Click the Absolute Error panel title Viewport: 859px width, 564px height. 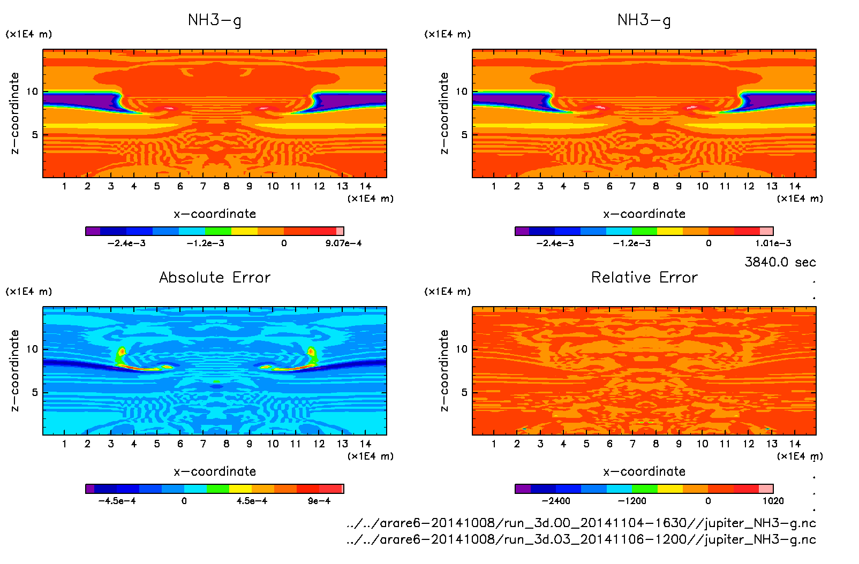[215, 277]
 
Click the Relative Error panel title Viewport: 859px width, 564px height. [644, 277]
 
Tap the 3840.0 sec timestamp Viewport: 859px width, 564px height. [780, 262]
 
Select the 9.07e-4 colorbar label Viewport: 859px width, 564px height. [343, 243]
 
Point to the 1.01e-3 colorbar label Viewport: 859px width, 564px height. [773, 243]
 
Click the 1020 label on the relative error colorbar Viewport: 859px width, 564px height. [773, 501]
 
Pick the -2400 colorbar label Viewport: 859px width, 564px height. [556, 501]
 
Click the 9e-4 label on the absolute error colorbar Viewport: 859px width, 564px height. [319, 501]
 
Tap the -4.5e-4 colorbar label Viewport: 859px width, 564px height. [117, 501]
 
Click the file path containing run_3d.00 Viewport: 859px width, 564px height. [581, 523]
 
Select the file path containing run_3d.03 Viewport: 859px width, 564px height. [581, 539]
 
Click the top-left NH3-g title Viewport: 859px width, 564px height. [215, 20]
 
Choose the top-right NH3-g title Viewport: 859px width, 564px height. [644, 20]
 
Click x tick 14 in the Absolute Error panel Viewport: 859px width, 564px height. [365, 444]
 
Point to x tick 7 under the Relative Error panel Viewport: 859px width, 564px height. [632, 444]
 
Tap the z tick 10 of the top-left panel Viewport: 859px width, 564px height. [32, 92]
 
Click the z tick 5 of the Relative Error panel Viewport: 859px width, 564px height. [464, 392]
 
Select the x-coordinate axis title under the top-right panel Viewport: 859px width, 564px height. [644, 214]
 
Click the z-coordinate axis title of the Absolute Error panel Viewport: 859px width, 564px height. [15, 370]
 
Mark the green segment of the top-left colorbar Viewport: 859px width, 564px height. [218, 231]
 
